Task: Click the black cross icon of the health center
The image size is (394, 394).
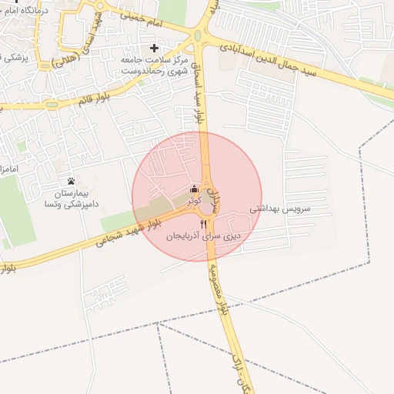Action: tap(154, 48)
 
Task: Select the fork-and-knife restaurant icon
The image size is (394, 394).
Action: tap(203, 224)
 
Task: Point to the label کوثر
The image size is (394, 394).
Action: tap(194, 200)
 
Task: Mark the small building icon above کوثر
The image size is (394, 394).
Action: tap(194, 189)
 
